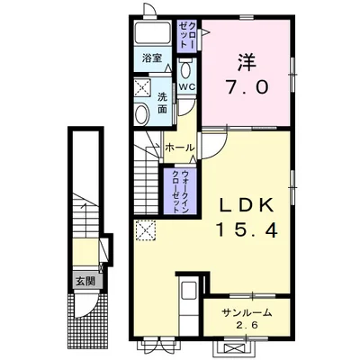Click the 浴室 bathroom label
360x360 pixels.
152,58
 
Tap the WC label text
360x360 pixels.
187,86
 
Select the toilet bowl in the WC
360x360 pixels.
186,69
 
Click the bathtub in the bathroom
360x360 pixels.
152,33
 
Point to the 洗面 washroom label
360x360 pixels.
162,103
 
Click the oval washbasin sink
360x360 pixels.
142,114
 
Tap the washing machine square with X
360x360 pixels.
142,88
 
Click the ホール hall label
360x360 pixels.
179,148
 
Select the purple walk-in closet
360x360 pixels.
180,191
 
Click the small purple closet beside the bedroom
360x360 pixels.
187,36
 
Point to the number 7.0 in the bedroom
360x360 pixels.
247,87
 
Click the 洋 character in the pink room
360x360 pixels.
247,63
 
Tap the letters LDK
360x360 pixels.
247,206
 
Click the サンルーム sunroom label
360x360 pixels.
247,313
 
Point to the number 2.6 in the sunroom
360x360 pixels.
247,325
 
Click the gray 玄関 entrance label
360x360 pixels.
85,282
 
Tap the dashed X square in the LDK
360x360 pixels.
146,230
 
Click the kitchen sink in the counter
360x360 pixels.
188,292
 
